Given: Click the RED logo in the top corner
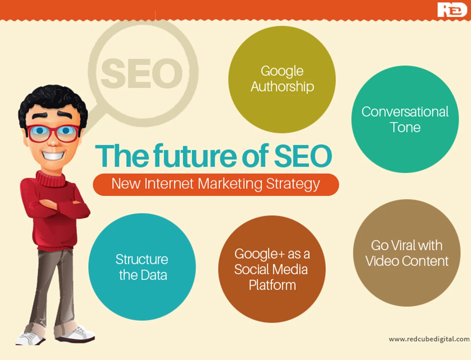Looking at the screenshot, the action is coord(452,10).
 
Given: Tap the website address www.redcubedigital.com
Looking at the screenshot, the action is coord(429,339).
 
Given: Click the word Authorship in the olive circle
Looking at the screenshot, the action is coord(282,87).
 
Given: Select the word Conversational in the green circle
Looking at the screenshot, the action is coord(405,112).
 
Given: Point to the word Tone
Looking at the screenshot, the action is coord(405,127).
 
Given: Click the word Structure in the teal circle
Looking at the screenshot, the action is coord(142,259).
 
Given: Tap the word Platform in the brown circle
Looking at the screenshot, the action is coord(272,285).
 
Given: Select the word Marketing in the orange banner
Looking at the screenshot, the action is coord(230,184).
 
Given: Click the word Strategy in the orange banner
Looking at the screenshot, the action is coord(293,185).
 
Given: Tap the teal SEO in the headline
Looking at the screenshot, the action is coord(303,156).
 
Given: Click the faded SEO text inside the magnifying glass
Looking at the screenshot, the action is coord(142,73).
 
